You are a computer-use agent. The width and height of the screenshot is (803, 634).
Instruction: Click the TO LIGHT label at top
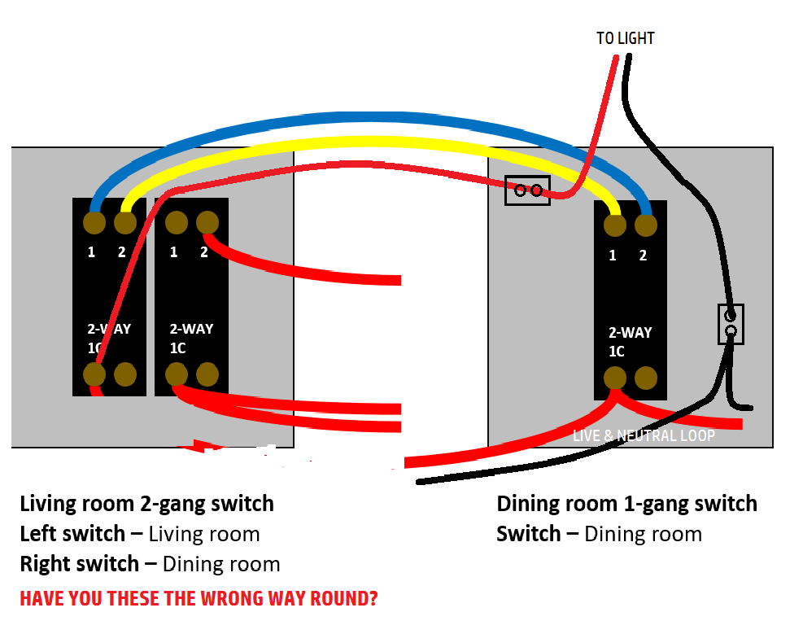625,38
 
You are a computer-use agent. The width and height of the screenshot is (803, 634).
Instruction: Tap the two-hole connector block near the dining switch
527,190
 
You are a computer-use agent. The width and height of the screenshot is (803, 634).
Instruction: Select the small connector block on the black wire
731,323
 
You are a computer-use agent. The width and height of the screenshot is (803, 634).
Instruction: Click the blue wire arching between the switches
366,120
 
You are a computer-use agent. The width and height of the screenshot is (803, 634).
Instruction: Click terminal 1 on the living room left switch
94,222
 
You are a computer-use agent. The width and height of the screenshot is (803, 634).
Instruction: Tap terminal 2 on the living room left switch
124,222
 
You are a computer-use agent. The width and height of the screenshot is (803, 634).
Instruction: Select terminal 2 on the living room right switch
207,222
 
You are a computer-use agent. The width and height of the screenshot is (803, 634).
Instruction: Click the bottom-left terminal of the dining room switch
615,378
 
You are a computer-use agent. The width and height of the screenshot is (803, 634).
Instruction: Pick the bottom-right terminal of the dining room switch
646,378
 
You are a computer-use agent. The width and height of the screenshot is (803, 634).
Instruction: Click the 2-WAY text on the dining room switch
630,333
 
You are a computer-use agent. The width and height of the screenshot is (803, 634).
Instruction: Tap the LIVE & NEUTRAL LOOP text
644,436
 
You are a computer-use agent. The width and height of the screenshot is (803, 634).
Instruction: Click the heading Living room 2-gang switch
146,504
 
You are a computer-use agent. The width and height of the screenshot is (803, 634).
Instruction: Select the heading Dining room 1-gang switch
626,504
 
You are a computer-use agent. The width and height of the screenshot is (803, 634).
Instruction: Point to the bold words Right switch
79,564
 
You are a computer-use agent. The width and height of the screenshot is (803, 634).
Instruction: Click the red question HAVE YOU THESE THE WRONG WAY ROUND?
199,599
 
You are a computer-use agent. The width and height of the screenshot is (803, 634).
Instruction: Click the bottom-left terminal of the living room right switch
177,374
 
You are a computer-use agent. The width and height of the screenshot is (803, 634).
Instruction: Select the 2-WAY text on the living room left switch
109,330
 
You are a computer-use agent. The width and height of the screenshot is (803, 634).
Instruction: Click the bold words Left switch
72,535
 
